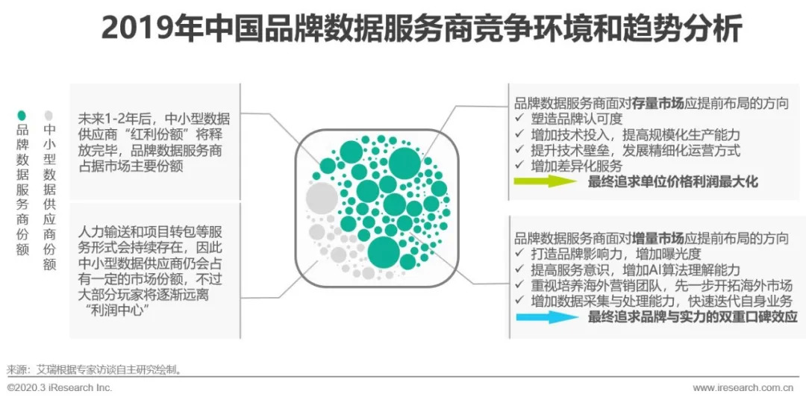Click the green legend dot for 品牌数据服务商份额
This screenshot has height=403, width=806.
pyautogui.click(x=22, y=115)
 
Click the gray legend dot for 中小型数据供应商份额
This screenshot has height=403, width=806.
pyautogui.click(x=49, y=115)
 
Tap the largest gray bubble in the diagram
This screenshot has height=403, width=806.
pyautogui.click(x=322, y=197)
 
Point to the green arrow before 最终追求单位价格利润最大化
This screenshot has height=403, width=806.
pyautogui.click(x=545, y=181)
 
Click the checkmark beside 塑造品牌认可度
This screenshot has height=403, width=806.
pyautogui.click(x=519, y=119)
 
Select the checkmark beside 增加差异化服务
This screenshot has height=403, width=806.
pyautogui.click(x=519, y=166)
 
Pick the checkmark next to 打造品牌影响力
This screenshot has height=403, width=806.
pyautogui.click(x=519, y=254)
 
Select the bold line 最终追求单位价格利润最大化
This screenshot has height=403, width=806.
pyautogui.click(x=673, y=181)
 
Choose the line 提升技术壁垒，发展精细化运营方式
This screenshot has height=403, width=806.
pyautogui.click(x=636, y=151)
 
